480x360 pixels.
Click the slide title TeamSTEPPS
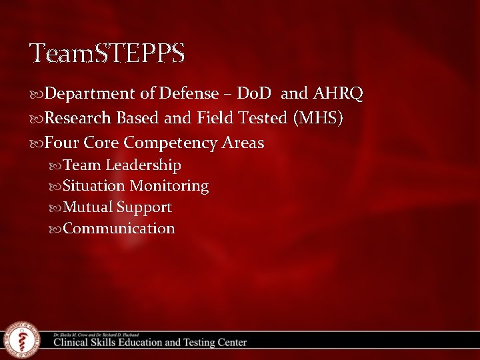[107, 53]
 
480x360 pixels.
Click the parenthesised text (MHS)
[318, 119]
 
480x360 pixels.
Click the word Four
[62, 143]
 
